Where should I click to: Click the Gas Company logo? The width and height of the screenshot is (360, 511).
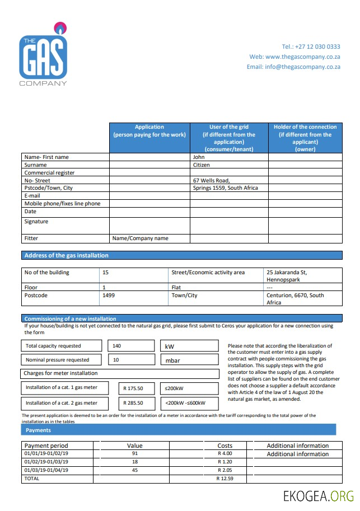click(x=43, y=55)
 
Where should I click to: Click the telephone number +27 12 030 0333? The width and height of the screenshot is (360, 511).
click(x=311, y=46)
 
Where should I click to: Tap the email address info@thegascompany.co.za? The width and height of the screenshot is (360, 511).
click(x=293, y=67)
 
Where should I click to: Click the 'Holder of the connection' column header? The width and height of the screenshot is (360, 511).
click(x=305, y=138)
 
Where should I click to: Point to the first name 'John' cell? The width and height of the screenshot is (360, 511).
click(x=199, y=157)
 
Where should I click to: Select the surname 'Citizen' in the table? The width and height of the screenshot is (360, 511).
click(x=202, y=165)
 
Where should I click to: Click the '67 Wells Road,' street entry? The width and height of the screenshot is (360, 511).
click(x=211, y=180)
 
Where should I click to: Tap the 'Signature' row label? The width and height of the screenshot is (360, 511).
click(x=36, y=222)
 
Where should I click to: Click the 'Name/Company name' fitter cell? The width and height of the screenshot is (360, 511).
click(x=140, y=238)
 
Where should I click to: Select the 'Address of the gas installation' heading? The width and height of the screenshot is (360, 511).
click(x=67, y=255)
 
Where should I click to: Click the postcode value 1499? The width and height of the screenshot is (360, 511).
click(x=109, y=295)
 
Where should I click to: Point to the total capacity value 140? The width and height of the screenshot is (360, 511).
click(x=117, y=346)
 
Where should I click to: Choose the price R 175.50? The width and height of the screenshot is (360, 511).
click(x=133, y=388)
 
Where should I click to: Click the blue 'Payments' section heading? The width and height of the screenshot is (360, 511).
click(x=38, y=430)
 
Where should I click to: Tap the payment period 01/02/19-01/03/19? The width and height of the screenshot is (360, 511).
click(x=46, y=462)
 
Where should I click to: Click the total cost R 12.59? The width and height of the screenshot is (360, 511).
click(x=224, y=479)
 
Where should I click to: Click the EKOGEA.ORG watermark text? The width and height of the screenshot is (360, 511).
click(x=319, y=495)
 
